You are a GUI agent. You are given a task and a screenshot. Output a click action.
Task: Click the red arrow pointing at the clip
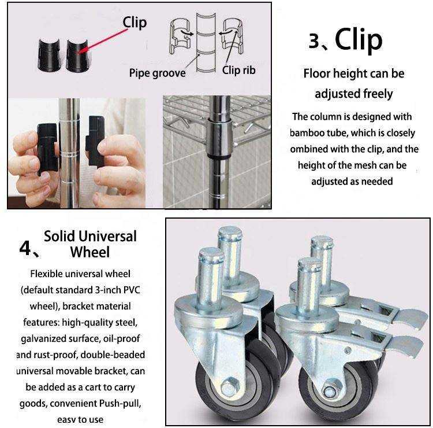click(103, 40)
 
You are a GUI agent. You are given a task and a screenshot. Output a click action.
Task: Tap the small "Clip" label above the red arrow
click(135, 23)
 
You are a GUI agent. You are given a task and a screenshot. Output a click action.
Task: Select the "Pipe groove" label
click(158, 73)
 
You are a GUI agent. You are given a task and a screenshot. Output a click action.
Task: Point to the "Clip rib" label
click(238, 70)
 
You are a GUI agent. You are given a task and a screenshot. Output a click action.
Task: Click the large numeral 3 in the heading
click(314, 40)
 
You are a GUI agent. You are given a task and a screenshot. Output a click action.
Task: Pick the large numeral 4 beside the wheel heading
click(25, 248)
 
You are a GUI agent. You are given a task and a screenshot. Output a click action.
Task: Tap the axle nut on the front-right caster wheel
click(330, 389)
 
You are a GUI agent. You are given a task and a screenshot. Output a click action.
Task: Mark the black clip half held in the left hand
click(47, 149)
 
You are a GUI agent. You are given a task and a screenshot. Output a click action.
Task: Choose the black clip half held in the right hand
click(95, 142)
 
